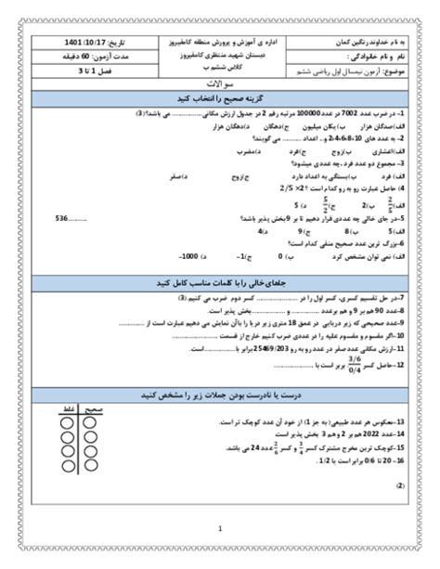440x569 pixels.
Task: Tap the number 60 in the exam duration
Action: [86, 57]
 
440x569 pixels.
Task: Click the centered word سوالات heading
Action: [221, 84]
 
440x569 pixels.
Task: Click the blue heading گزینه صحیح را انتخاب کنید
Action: [221, 97]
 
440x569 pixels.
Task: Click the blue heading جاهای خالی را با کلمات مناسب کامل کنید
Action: [221, 280]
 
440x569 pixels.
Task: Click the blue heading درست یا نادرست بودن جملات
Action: [221, 394]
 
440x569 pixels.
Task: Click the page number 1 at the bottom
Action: [220, 529]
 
